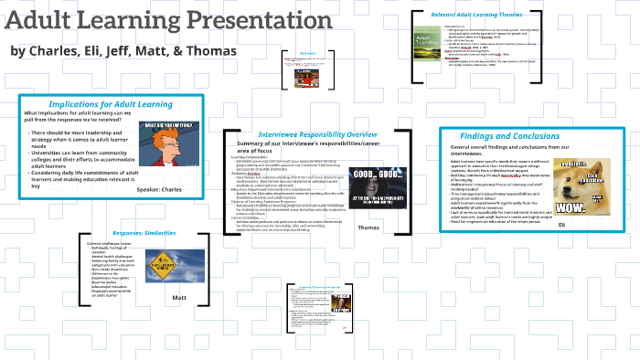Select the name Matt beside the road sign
[178, 298]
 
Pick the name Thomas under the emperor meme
[368, 228]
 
